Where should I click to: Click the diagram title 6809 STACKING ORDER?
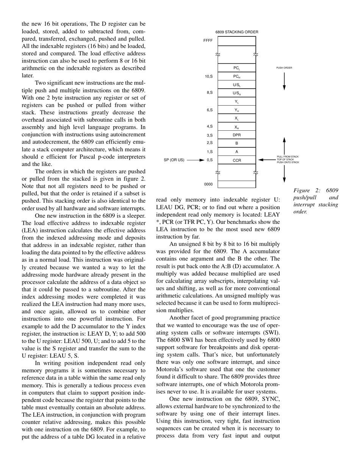[237, 32]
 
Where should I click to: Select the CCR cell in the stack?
[237, 160]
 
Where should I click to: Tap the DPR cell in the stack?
[237, 135]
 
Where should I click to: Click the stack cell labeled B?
[237, 143]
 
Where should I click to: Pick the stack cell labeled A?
[237, 152]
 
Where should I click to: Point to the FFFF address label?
[208, 41]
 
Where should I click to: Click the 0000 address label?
[208, 185]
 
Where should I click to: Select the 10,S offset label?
[209, 77]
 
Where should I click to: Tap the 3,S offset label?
[210, 135]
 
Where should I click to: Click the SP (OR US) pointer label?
[174, 160]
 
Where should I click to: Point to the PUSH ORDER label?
[284, 68]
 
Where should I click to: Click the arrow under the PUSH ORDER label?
[284, 81]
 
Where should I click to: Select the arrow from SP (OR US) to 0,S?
[196, 160]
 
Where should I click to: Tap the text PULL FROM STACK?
[288, 156]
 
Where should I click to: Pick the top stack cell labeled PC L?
[237, 68]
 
